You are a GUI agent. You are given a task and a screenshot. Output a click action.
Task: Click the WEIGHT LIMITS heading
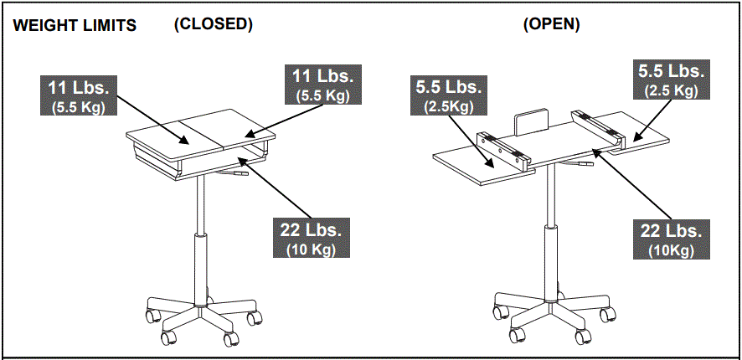click(75, 26)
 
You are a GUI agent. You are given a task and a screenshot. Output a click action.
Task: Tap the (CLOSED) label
click(213, 24)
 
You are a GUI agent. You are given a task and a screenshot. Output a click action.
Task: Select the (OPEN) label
click(551, 24)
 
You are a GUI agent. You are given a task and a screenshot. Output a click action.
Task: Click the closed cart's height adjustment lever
click(237, 174)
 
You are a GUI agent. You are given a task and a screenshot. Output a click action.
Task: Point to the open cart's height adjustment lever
click(582, 163)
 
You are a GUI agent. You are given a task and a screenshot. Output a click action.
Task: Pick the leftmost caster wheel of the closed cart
click(153, 316)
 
